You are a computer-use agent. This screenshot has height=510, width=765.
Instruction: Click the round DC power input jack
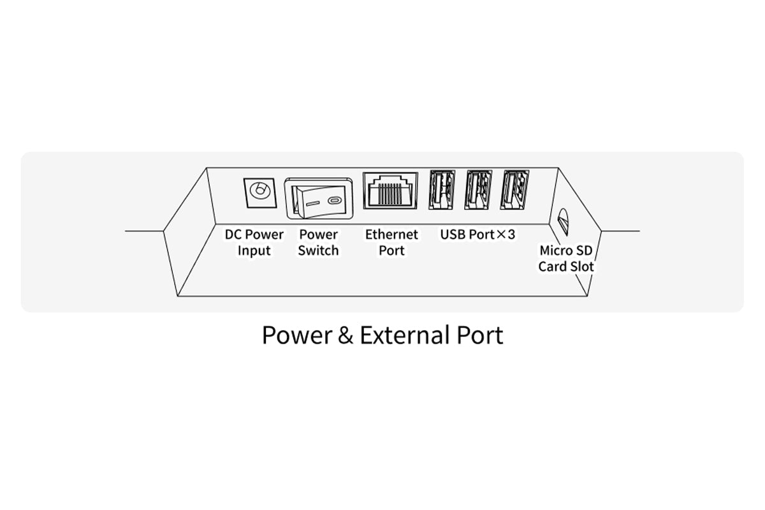[x=260, y=191]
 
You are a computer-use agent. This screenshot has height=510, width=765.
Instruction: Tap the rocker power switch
[x=318, y=198]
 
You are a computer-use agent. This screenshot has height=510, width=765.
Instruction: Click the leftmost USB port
[x=442, y=190]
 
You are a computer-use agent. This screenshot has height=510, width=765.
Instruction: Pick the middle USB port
[x=478, y=190]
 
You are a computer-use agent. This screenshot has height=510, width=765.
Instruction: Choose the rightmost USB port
[x=514, y=190]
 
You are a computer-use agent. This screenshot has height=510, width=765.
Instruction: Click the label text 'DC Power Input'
[x=254, y=242]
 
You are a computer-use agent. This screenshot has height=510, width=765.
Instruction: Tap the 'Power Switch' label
[x=318, y=242]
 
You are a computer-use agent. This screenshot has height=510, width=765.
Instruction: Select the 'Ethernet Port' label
[x=391, y=242]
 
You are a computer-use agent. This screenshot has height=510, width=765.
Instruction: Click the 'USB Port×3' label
[x=477, y=235]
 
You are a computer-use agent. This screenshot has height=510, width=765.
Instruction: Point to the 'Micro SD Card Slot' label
[x=566, y=258]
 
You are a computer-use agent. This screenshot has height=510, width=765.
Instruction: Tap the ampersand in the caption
[x=345, y=335]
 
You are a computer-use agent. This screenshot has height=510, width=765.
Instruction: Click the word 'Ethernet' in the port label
[x=391, y=235]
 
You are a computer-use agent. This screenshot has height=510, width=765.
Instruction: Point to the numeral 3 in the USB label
[x=511, y=235]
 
